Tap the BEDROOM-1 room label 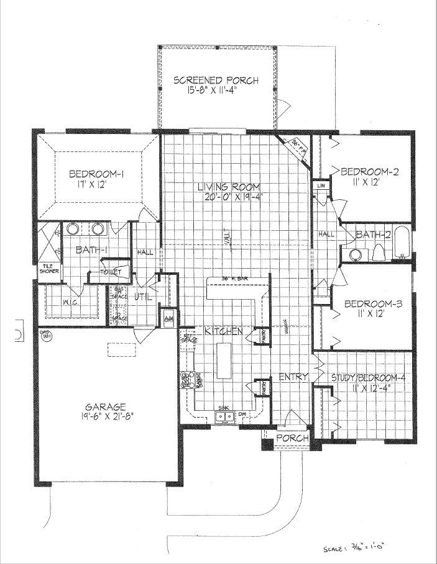click(x=95, y=174)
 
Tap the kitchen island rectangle click(x=223, y=362)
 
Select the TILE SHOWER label click(x=48, y=268)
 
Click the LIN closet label click(x=321, y=186)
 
